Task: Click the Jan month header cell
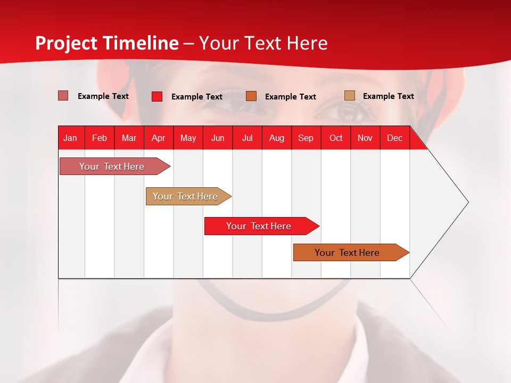tap(71, 138)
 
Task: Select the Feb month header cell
tap(100, 138)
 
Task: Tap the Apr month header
tap(159, 138)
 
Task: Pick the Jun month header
tap(218, 138)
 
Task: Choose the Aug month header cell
tap(277, 138)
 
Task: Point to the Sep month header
tap(306, 138)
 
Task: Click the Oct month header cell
tap(336, 138)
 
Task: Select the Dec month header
tap(395, 138)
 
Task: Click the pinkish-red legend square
tap(63, 96)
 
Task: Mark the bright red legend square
tap(157, 96)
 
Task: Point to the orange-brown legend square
tap(251, 96)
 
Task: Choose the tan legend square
tap(350, 96)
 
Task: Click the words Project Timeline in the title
tap(106, 43)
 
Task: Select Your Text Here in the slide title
tap(263, 43)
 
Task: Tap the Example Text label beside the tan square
tap(388, 96)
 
